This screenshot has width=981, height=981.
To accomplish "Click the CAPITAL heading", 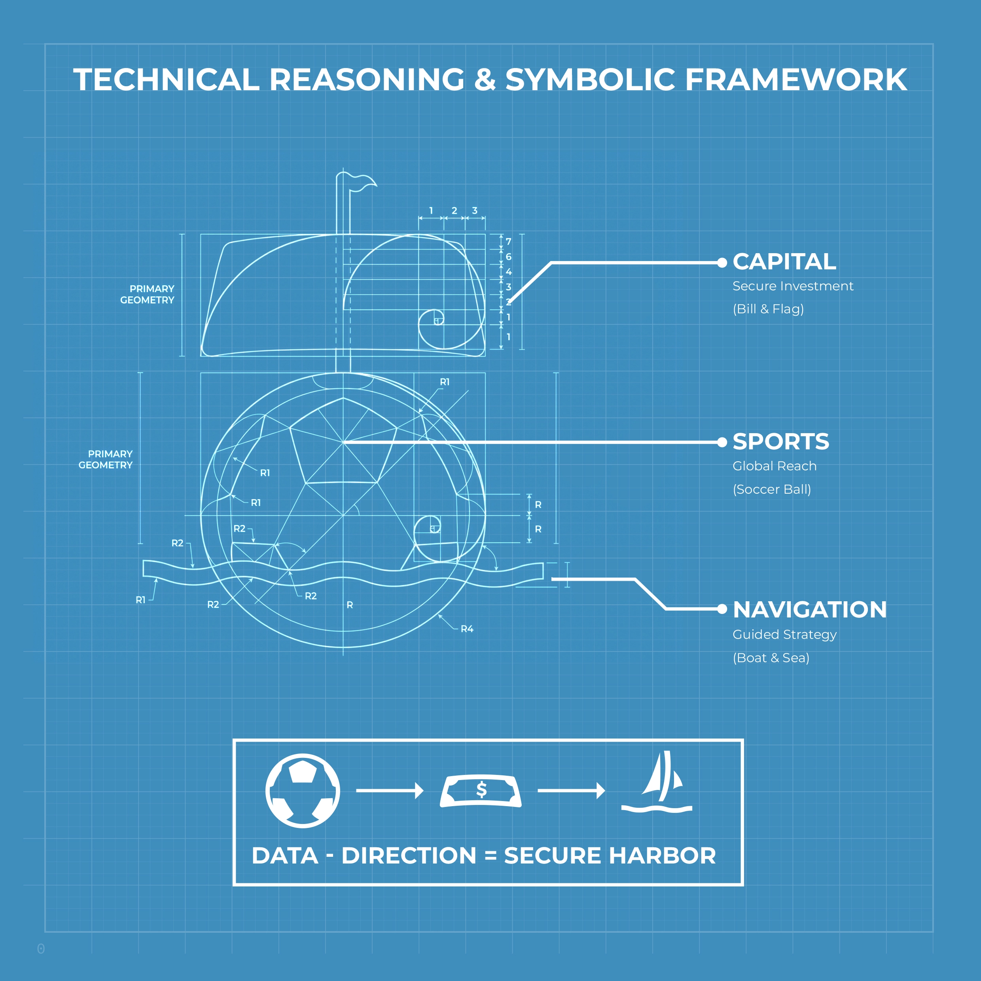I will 784,262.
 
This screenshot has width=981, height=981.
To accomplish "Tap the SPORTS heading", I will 780,442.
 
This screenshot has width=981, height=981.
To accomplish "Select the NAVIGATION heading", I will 809,610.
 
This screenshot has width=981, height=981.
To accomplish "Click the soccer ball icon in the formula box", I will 303,791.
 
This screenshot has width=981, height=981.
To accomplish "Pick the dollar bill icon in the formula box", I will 480,791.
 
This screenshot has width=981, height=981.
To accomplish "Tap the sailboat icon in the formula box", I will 657,782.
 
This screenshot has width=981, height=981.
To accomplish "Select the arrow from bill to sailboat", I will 571,791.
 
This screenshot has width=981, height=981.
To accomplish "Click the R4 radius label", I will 467,629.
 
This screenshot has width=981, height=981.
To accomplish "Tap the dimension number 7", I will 508,242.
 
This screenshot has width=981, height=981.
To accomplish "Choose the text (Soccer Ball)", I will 771,489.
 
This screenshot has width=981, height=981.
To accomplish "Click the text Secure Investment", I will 793,286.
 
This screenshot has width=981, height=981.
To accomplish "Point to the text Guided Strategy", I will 784,635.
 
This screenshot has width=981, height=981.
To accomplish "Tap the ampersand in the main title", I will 485,80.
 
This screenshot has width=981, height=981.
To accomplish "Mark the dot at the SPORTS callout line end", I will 722,442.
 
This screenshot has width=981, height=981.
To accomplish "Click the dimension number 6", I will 508,257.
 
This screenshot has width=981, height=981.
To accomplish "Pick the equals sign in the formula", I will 490,856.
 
